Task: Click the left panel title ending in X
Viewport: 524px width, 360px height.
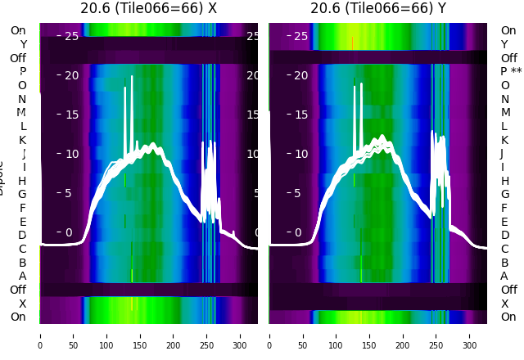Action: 148,8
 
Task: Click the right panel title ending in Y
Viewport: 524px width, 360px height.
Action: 378,8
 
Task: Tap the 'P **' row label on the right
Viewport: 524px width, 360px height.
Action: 511,72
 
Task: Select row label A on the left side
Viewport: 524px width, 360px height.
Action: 22,276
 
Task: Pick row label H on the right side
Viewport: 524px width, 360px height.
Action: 505,181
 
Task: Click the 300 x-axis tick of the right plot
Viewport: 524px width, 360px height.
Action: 469,335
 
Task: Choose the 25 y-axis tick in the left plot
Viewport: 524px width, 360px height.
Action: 71,36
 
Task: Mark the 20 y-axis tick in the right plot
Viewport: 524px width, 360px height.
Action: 301,75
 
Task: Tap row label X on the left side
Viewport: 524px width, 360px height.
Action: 22,304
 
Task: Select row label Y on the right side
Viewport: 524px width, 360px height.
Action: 505,44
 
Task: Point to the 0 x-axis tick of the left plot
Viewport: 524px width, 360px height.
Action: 40,335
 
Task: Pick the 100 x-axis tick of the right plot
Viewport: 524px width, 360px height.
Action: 337,335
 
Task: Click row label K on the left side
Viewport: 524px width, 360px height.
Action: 22,140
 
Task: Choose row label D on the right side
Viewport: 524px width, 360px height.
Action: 505,235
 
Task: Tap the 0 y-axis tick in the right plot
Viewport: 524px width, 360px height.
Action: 301,232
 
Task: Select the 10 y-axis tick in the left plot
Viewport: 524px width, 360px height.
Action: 71,154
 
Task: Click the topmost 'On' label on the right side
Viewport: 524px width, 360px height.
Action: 508,30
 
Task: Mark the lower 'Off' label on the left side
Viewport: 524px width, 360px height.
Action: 18,290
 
